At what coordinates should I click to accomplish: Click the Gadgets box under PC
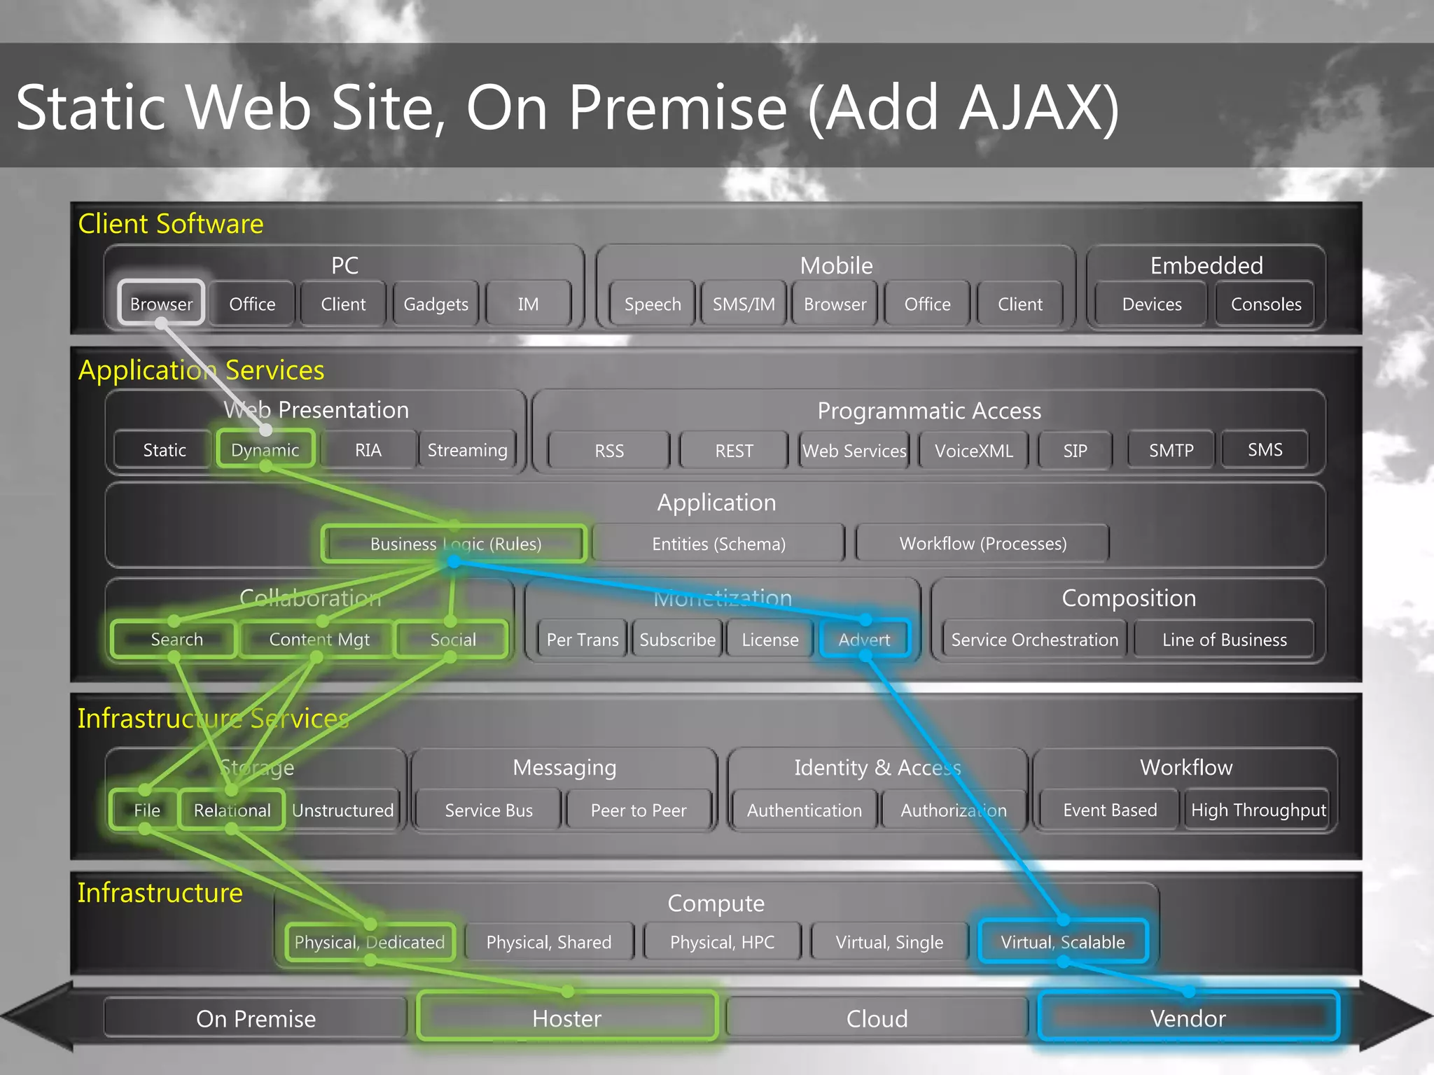coord(436,304)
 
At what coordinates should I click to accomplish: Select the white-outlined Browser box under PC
coord(161,304)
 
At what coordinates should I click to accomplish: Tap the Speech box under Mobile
coord(652,304)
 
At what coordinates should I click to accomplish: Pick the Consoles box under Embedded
coord(1265,304)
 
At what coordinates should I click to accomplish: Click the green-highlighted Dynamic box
coord(265,449)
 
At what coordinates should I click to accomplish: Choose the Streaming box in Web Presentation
coord(467,449)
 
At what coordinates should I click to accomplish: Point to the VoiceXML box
coord(973,450)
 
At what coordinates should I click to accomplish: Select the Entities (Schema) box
coord(718,544)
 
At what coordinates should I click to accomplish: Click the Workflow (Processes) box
coord(982,544)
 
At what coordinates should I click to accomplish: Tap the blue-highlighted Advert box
coord(865,639)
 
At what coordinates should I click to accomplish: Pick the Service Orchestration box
coord(1034,639)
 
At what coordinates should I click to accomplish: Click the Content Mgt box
coord(319,639)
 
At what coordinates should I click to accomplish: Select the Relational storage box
coord(232,810)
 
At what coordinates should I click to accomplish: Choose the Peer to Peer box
coord(638,810)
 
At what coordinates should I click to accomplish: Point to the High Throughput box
coord(1258,810)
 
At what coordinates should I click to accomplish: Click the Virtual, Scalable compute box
coord(1062,941)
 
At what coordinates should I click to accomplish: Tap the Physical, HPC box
coord(722,941)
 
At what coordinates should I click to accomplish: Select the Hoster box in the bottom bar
coord(566,1018)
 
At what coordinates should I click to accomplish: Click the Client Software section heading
coord(171,224)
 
